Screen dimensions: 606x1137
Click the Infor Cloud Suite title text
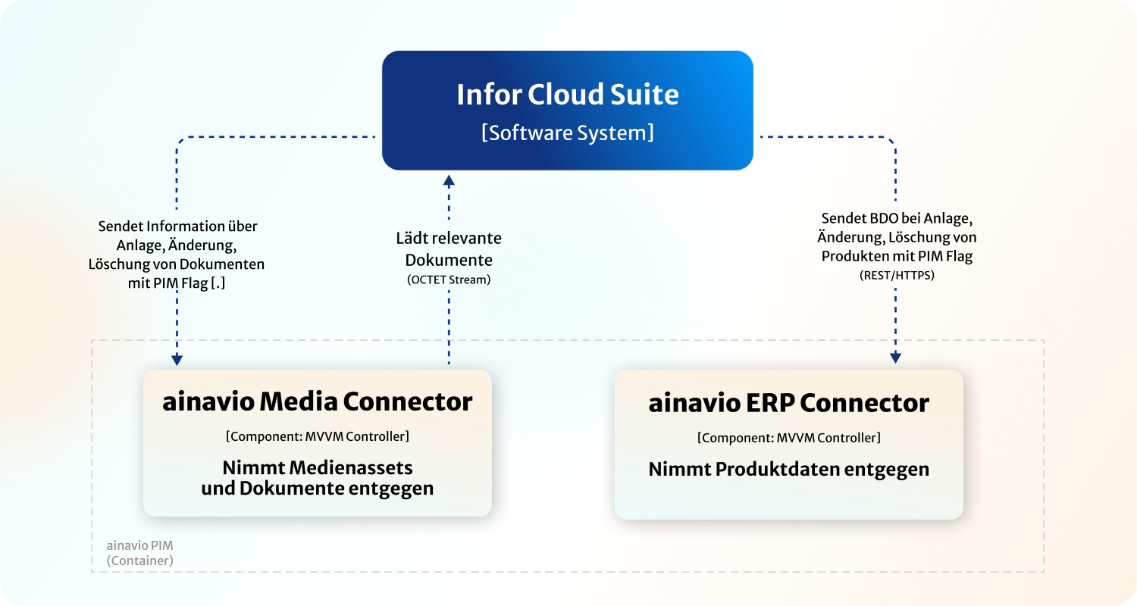(567, 95)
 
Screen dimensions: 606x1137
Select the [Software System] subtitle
(567, 133)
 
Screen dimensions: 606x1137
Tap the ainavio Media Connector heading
(317, 401)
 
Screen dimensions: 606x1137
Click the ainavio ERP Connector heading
(788, 403)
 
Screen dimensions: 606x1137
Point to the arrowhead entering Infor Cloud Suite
(449, 180)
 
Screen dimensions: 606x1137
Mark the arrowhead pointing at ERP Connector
(895, 358)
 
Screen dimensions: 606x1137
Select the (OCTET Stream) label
(449, 280)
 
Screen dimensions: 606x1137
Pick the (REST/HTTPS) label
(897, 276)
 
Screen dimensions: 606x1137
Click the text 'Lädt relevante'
(449, 239)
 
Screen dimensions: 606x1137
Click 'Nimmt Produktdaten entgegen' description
(788, 469)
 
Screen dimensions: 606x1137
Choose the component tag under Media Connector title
(317, 436)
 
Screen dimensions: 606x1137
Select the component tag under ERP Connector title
(788, 438)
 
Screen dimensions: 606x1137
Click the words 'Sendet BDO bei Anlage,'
(897, 218)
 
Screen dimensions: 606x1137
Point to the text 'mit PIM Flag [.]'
(177, 283)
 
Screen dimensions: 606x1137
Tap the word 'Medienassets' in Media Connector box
(355, 467)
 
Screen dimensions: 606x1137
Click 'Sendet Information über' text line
(177, 226)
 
